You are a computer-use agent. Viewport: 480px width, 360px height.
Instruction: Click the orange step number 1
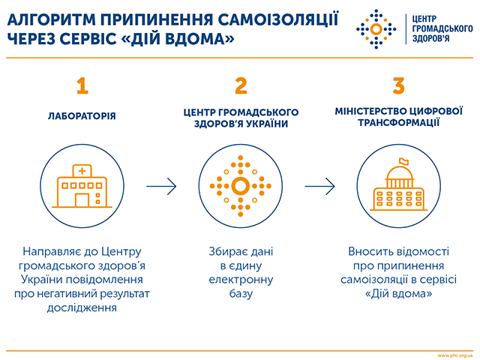pos(82,85)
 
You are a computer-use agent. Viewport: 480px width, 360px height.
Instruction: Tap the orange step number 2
pos(241,85)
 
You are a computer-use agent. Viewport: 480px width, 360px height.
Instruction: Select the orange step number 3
pos(398,85)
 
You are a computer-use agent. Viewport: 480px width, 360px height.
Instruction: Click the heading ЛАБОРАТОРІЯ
pos(82,116)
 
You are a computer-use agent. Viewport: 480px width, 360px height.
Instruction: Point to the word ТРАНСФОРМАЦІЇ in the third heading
pos(398,123)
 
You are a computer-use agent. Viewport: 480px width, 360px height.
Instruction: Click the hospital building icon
pos(82,186)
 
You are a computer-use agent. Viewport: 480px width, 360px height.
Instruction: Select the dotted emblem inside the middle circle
pos(240,186)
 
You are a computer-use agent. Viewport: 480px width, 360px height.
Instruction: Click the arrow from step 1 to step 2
pos(161,186)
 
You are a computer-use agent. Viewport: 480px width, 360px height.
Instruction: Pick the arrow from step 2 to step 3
pos(319,186)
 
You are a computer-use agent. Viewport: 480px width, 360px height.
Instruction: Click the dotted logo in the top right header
pos(376,29)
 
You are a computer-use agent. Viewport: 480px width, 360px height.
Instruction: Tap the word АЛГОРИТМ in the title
pos(51,20)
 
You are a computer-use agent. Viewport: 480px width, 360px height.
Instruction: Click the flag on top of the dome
pos(403,161)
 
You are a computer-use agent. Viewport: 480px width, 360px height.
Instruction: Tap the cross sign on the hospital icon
pos(82,170)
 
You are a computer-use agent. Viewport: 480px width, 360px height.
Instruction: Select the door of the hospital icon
pos(82,200)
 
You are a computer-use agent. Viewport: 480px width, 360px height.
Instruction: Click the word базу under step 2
pos(241,293)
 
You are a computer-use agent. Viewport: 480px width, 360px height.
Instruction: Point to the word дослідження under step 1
pos(82,307)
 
